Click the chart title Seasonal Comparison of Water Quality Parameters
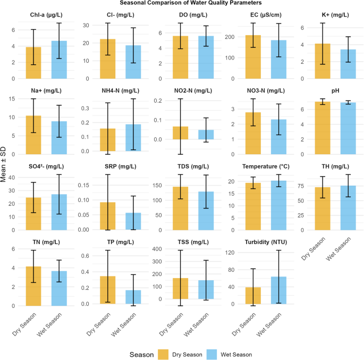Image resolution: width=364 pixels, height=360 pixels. pos(182,4)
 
